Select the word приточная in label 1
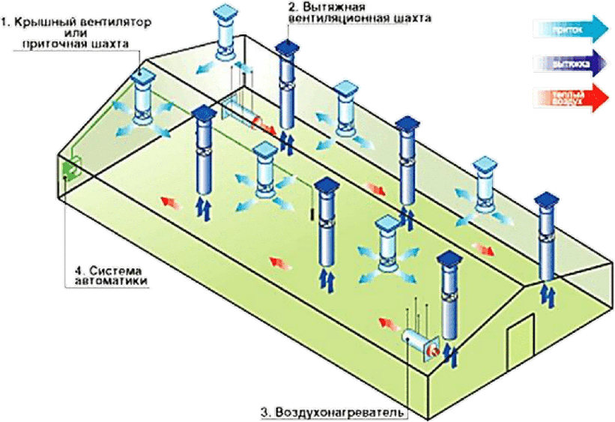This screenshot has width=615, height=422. [x=53, y=44]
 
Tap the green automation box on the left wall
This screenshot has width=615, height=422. [x=70, y=170]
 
